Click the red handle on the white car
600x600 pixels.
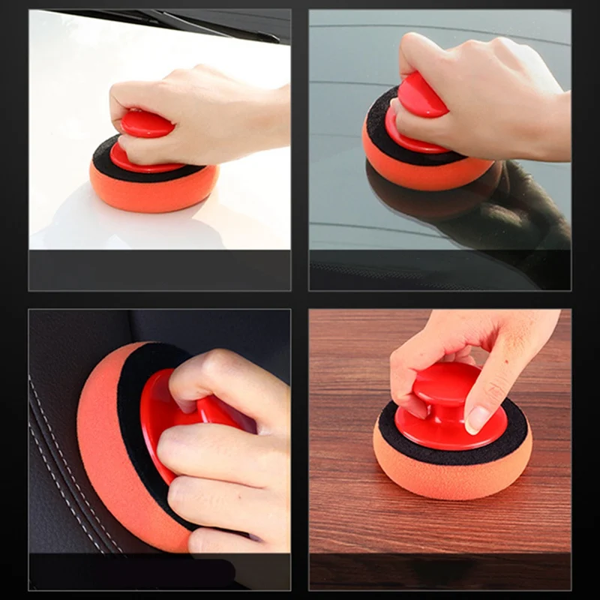145,124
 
